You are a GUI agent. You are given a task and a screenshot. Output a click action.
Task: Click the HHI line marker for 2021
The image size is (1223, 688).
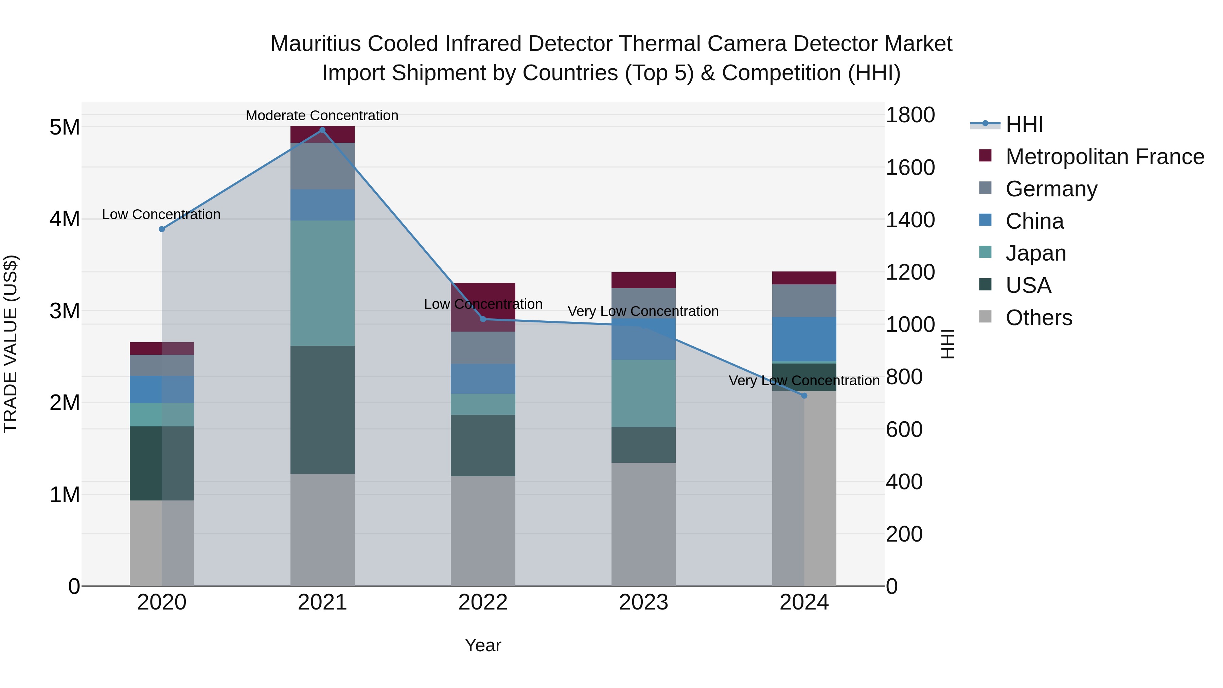[322, 130]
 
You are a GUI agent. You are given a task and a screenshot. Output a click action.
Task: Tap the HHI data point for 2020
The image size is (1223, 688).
[162, 229]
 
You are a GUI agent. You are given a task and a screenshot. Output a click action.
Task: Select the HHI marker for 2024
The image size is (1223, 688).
[804, 395]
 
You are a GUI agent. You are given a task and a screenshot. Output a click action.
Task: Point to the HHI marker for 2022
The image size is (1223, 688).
[483, 319]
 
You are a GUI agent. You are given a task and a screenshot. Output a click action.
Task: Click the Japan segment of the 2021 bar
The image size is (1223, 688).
[322, 283]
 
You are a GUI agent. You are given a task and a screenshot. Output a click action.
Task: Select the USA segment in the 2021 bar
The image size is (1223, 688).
[322, 410]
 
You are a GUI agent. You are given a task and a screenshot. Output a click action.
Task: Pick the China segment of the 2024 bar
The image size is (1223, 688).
[804, 339]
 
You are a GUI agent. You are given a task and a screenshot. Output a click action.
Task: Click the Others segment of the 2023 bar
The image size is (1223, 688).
[644, 524]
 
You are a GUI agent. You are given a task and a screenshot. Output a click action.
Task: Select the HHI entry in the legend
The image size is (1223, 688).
[1024, 124]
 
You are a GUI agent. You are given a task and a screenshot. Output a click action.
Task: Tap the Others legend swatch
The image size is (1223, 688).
[986, 317]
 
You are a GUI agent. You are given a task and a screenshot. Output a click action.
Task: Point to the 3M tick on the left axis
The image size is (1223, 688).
[65, 311]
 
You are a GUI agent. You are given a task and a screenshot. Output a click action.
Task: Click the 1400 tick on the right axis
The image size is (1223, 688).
[910, 220]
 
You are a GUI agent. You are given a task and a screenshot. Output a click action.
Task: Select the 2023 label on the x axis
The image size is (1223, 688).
[644, 602]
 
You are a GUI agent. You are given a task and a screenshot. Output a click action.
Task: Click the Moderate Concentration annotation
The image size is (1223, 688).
[322, 116]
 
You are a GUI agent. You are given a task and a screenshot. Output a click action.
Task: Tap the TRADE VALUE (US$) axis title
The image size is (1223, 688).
[11, 344]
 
